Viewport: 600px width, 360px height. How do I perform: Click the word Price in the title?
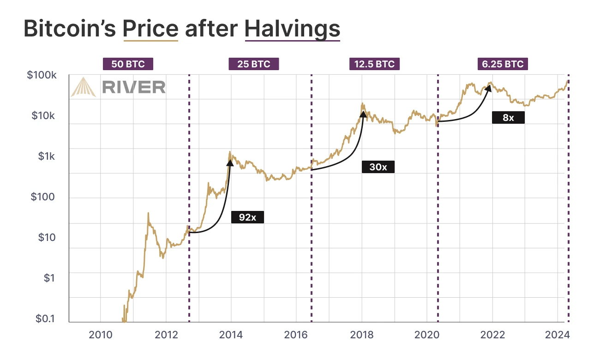pyautogui.click(x=150, y=29)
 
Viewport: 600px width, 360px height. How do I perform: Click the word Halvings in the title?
pyautogui.click(x=292, y=29)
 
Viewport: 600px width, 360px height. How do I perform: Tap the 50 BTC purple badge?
pyautogui.click(x=127, y=64)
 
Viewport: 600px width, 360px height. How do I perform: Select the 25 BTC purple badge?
pyautogui.click(x=254, y=64)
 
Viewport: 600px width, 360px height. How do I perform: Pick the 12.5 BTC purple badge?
pyautogui.click(x=374, y=64)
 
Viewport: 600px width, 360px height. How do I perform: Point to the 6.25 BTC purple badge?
pyautogui.click(x=503, y=64)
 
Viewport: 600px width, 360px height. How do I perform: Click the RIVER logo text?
pyautogui.click(x=133, y=87)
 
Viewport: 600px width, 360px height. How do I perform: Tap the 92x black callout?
pyautogui.click(x=247, y=217)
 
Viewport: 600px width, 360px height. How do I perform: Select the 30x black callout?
pyautogui.click(x=378, y=167)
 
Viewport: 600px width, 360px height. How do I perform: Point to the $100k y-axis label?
pyautogui.click(x=42, y=75)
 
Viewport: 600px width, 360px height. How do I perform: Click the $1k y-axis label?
pyautogui.click(x=46, y=156)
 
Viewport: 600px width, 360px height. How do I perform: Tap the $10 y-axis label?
pyautogui.click(x=46, y=238)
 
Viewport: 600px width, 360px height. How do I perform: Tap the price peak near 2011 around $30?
pyautogui.click(x=148, y=213)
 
